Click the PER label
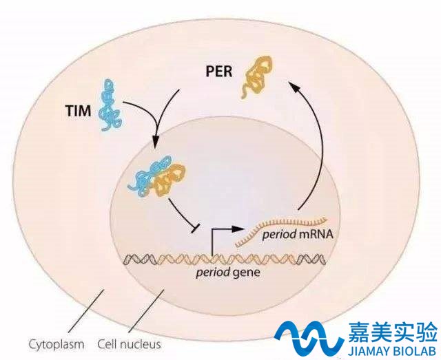tap(219, 72)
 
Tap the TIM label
tap(79, 110)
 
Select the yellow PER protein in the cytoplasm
tap(256, 77)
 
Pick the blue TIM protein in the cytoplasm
tap(110, 105)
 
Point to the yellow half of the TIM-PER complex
tap(170, 180)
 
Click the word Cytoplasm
tap(57, 344)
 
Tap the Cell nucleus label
tap(129, 344)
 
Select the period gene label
tap(228, 273)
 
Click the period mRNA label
tap(297, 234)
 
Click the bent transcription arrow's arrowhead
tap(237, 229)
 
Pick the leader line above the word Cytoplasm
tap(85, 311)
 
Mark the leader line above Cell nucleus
tap(146, 311)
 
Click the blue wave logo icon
tap(309, 337)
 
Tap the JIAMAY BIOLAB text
tap(391, 351)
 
